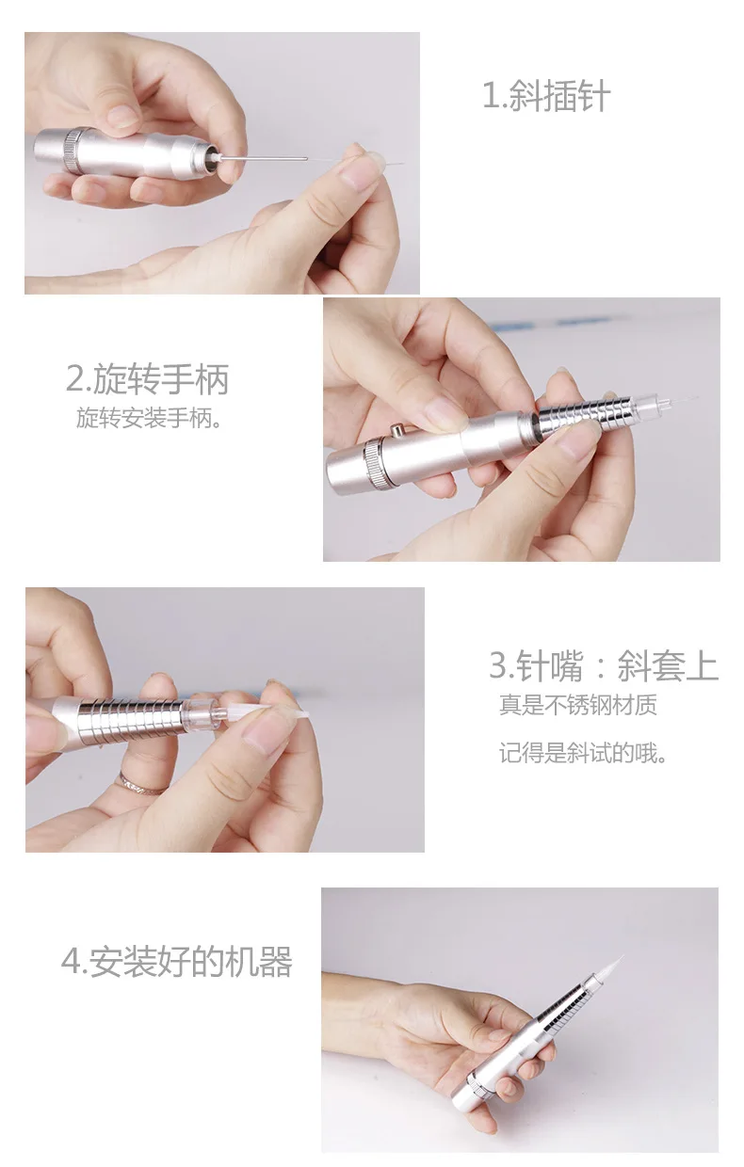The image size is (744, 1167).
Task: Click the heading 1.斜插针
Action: (546, 95)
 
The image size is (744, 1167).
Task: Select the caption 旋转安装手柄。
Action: (150, 418)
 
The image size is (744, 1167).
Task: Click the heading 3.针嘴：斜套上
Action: (604, 665)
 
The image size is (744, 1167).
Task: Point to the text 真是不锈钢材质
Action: (578, 705)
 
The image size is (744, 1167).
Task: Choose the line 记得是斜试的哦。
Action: (583, 753)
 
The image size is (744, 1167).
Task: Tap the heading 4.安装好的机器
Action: (177, 961)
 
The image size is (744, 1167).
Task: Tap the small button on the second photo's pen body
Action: (398, 431)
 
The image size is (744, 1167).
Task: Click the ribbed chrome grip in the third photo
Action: (130, 715)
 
